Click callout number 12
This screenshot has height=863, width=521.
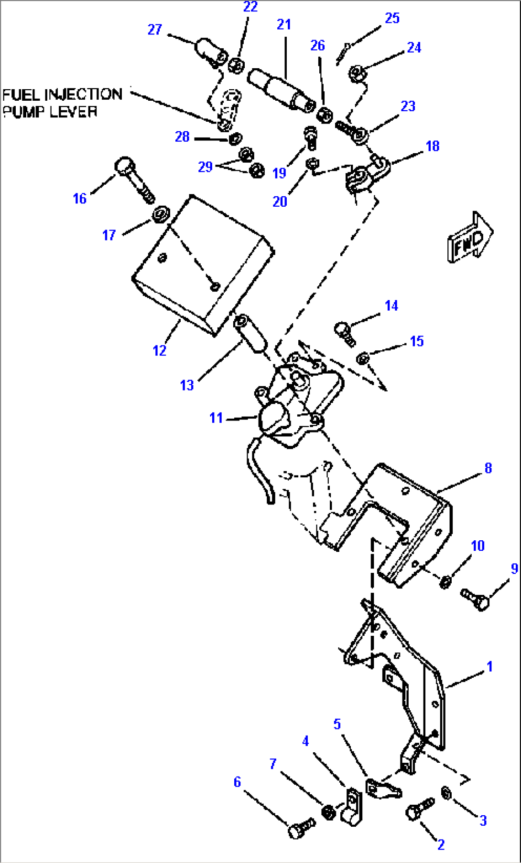[159, 351]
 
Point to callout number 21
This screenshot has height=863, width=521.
[284, 24]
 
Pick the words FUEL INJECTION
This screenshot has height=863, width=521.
[63, 94]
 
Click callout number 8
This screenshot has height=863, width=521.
[488, 468]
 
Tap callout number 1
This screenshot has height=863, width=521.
[489, 666]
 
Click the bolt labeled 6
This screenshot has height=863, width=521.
[301, 828]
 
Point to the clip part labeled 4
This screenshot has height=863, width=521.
[352, 807]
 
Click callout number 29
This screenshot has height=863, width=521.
[205, 167]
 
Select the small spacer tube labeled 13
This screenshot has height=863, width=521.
[251, 334]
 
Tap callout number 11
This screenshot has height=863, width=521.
[216, 418]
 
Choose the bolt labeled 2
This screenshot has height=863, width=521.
[419, 810]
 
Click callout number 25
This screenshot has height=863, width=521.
[392, 18]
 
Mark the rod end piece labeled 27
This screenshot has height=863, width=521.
[210, 52]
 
